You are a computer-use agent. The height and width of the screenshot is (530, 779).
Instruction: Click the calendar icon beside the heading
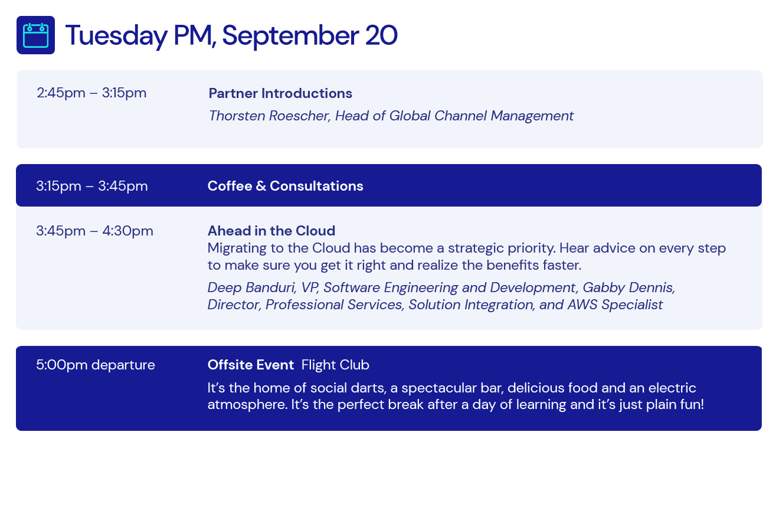(35, 35)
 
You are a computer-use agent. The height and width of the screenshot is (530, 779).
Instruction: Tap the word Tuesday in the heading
(116, 36)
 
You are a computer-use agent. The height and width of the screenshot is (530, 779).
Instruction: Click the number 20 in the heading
(381, 35)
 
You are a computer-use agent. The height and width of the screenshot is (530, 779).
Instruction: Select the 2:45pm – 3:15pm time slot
(91, 93)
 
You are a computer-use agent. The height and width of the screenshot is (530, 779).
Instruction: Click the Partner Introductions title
(280, 93)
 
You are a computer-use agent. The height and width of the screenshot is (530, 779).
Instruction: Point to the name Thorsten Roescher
(269, 116)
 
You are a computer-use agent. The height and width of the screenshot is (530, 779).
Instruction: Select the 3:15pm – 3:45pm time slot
(92, 186)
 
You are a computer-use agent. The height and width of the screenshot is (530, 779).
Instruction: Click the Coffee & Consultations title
(285, 186)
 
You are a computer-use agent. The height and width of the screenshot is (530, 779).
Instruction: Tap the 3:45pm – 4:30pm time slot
(94, 231)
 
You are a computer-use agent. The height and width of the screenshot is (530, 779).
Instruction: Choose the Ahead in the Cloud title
(271, 231)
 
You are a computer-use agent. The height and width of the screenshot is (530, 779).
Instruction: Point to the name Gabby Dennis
(629, 287)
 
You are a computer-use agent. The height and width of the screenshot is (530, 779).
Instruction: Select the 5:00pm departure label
(95, 365)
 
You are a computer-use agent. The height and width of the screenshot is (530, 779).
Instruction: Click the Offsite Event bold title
(251, 365)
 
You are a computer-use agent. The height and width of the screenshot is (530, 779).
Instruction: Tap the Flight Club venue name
(335, 365)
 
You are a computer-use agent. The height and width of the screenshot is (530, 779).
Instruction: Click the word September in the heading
(290, 36)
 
